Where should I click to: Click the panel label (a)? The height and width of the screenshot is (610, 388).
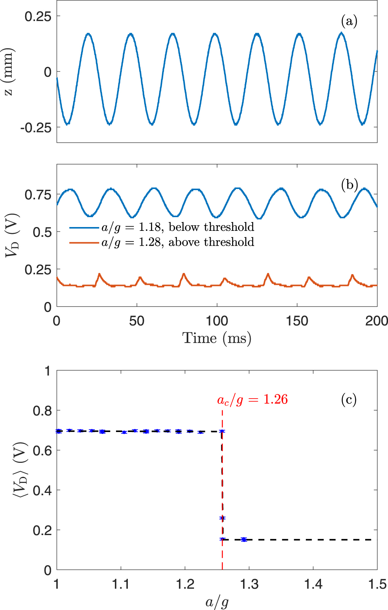pyautogui.click(x=349, y=21)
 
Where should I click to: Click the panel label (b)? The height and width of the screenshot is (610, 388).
pyautogui.click(x=349, y=185)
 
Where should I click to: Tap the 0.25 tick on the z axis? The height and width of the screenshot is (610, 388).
pyautogui.click(x=38, y=16)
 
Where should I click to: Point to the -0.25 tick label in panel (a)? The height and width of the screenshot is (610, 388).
pyautogui.click(x=36, y=128)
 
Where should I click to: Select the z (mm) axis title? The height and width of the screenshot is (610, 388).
pyautogui.click(x=8, y=72)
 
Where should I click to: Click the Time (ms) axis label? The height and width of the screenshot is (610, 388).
pyautogui.click(x=217, y=338)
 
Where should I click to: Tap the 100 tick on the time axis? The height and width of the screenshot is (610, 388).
pyautogui.click(x=217, y=321)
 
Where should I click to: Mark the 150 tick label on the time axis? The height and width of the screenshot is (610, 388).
pyautogui.click(x=297, y=321)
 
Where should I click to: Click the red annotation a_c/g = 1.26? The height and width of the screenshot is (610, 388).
pyautogui.click(x=252, y=400)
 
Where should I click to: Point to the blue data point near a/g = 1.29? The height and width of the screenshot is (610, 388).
pyautogui.click(x=244, y=539)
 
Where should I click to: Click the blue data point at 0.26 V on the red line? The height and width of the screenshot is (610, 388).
pyautogui.click(x=223, y=518)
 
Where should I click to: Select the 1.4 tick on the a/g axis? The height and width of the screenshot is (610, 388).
pyautogui.click(x=313, y=584)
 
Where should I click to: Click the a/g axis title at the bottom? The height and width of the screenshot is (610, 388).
pyautogui.click(x=217, y=602)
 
